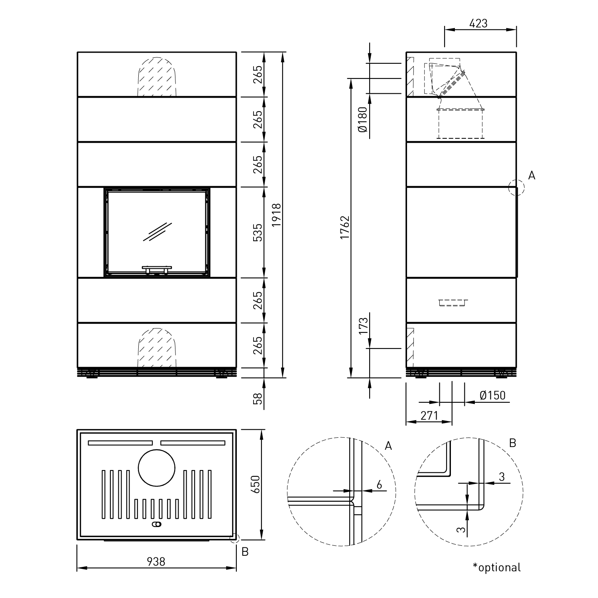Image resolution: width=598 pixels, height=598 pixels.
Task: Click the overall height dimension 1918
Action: [x=277, y=215]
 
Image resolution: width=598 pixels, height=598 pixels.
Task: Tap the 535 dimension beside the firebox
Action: [x=258, y=232]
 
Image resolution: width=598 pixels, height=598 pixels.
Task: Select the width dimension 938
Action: [x=156, y=562]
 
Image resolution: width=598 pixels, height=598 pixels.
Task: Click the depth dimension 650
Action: [x=255, y=484]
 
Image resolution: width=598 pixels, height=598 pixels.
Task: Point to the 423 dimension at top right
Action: [x=478, y=24]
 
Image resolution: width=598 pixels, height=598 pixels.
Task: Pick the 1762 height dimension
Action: [x=345, y=228]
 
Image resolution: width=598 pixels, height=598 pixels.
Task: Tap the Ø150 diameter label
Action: [x=492, y=395]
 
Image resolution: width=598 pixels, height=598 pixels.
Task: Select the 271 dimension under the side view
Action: [x=429, y=416]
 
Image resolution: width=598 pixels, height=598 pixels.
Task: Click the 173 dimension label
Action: [x=363, y=326]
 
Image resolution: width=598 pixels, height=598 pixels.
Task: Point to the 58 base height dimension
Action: [x=258, y=399]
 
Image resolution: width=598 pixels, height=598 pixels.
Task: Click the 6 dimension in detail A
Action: [x=379, y=485]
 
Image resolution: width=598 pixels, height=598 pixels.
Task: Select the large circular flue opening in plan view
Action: [x=156, y=468]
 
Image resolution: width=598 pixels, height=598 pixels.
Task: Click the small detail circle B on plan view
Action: [x=234, y=539]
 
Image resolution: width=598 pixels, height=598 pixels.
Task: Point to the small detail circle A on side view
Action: [x=516, y=187]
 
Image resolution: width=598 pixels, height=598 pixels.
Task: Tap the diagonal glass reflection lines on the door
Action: [x=157, y=232]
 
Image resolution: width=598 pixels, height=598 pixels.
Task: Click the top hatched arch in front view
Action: [x=157, y=77]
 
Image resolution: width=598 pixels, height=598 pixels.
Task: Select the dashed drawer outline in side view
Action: [x=453, y=303]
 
